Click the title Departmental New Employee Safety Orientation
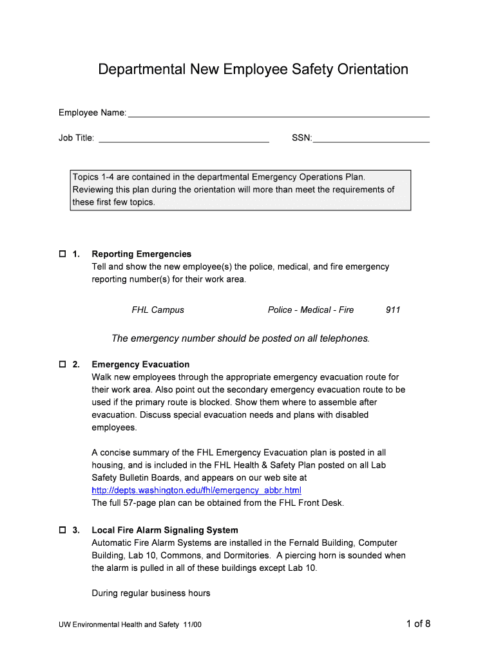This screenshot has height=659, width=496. click(253, 70)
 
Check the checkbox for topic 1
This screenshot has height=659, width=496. click(62, 254)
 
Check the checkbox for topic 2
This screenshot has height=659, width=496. click(62, 365)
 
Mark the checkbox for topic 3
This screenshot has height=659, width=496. click(62, 530)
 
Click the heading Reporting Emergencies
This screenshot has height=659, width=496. click(142, 254)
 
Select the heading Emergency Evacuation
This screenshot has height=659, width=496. click(140, 365)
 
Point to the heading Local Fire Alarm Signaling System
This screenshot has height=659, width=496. click(165, 530)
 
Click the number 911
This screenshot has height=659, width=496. click(393, 310)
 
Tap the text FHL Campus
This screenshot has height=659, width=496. click(158, 310)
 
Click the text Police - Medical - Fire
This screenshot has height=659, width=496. click(310, 310)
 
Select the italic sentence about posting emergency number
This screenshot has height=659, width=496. click(241, 339)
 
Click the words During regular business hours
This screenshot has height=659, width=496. click(151, 593)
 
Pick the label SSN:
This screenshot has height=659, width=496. click(301, 138)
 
